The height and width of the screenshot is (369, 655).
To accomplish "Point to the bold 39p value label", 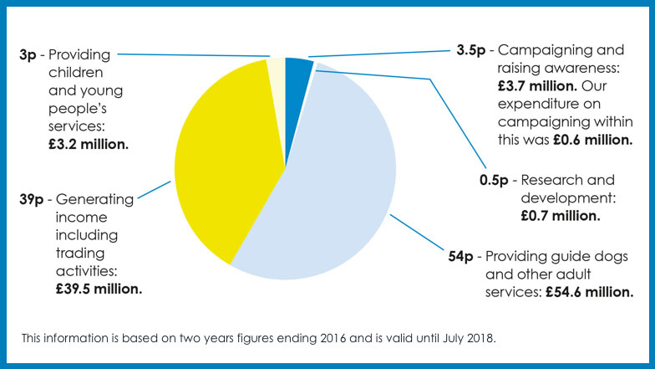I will [x=33, y=199].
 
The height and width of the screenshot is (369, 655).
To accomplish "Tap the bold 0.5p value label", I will [x=493, y=180].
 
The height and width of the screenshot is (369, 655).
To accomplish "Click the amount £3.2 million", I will [x=87, y=144].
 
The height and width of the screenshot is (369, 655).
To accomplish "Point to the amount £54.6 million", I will [x=589, y=292].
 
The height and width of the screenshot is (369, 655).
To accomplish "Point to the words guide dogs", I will [x=592, y=255].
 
